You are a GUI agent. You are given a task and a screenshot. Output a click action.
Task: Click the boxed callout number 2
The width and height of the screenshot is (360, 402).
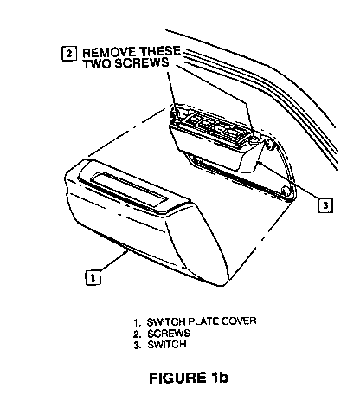point(69,54)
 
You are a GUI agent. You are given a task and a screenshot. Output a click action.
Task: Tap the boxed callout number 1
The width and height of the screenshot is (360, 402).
point(93,277)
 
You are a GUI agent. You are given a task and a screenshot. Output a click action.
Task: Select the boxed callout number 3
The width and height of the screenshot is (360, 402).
point(325,205)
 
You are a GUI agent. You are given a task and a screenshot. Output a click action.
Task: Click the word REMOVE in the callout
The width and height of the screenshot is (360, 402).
point(109,53)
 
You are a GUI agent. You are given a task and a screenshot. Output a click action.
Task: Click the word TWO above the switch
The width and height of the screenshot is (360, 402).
point(98,63)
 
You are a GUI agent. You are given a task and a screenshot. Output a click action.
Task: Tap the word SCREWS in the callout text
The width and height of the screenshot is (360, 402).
point(142,63)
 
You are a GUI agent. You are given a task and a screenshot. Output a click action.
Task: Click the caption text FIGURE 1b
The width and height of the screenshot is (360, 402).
point(189,378)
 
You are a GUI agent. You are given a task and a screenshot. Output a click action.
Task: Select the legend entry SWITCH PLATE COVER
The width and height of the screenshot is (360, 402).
point(202,321)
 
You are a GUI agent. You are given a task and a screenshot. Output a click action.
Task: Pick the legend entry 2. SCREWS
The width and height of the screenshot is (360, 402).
point(162,334)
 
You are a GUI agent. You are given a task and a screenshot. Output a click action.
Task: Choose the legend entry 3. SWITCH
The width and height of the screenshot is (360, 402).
point(160,345)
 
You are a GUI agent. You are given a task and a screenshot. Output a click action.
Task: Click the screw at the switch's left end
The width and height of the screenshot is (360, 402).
point(174,112)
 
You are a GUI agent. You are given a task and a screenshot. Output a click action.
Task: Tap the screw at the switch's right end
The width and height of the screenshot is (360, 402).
point(253,139)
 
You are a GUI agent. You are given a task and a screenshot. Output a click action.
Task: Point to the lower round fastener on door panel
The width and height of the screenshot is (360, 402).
point(286,191)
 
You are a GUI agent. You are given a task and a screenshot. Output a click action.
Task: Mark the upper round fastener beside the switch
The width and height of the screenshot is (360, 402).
point(270,145)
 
